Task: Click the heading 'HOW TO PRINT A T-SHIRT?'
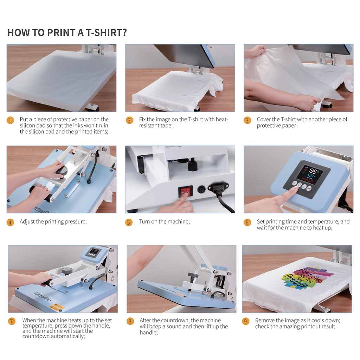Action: (67, 33)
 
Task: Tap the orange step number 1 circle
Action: (10, 120)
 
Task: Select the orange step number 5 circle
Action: (129, 222)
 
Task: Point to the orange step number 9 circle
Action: (246, 321)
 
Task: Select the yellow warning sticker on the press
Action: (56, 307)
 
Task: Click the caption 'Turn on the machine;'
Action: (165, 221)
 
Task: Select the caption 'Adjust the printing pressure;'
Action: (53, 221)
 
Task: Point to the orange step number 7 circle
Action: (12, 321)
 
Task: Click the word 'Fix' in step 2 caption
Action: (142, 120)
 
